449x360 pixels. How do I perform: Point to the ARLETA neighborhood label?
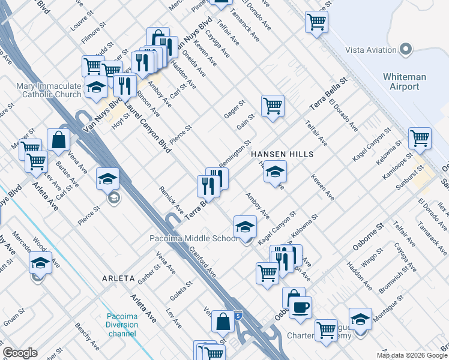point(103,278)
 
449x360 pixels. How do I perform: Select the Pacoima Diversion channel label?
point(122,325)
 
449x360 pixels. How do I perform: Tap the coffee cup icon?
point(301,307)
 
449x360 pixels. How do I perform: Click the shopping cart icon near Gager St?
point(273,106)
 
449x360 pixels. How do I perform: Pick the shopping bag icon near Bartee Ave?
point(59,140)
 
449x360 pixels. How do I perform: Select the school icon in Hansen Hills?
point(274,172)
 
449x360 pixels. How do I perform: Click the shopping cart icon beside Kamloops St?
point(420,138)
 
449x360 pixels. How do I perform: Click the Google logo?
point(20,353)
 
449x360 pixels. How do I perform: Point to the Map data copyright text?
point(411,354)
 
